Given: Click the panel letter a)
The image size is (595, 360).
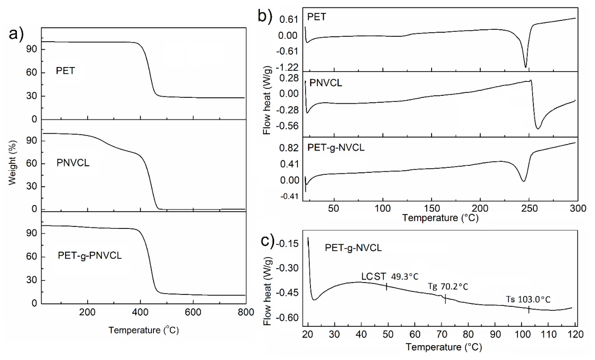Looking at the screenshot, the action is pos(16,35).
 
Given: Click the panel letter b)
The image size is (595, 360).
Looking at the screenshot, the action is pos(265,16).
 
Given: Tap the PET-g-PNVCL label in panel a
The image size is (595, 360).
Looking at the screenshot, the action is pos(90,256).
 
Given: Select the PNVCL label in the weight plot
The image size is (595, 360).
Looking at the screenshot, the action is pos(73,163).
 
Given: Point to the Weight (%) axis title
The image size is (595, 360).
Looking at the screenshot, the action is pos(12,163).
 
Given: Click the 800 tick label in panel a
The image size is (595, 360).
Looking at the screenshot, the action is pos(246,312).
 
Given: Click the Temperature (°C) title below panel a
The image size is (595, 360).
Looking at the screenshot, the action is pos(144,330).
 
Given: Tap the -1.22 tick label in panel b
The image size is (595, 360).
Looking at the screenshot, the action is pos(288,68).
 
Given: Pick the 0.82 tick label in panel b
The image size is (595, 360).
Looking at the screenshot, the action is pos(289,148).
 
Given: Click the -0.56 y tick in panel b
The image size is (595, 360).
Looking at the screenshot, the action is pos(288,126).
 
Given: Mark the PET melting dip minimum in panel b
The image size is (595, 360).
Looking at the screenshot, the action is pos(525,67).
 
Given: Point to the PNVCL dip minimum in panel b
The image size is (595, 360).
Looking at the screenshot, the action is pos(538,129).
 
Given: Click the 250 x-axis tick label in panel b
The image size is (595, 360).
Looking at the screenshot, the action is pos(529,208).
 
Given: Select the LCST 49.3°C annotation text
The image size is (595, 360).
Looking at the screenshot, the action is pos(390,277).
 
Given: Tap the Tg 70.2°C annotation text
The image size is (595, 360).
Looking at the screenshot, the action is pos(448,287).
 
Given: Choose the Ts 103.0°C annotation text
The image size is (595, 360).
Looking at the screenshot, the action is pos(528,299).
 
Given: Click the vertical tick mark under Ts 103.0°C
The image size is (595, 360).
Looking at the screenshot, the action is pos(528,309).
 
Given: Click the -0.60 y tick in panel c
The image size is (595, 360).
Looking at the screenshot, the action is pos(289,318).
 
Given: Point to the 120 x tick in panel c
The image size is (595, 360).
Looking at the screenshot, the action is pos(575,335).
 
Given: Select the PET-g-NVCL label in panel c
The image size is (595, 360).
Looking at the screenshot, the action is pos(353,248).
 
